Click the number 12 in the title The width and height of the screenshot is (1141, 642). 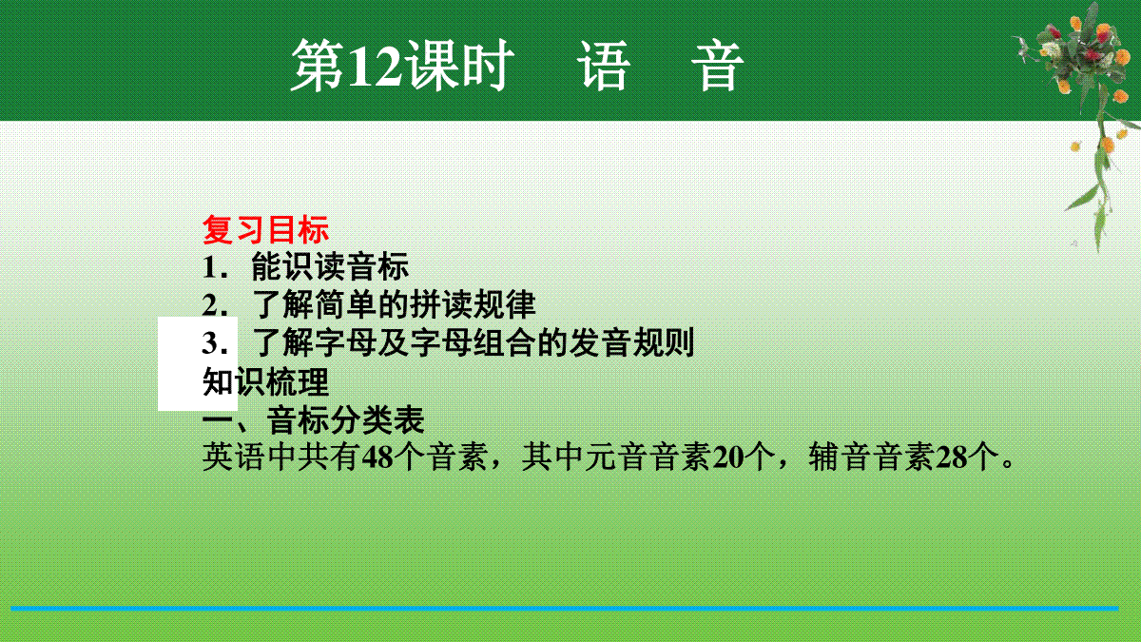(376, 66)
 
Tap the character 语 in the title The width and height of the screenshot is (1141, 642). (604, 67)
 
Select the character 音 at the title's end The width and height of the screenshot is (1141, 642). (717, 67)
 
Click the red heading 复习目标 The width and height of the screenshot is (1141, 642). (265, 230)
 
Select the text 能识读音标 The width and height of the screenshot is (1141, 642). (330, 266)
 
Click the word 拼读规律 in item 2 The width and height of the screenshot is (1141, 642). (473, 304)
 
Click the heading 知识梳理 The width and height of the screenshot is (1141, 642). (265, 381)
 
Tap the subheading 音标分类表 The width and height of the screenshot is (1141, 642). (345, 419)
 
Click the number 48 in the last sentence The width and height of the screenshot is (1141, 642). (377, 457)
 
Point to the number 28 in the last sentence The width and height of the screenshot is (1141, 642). (952, 457)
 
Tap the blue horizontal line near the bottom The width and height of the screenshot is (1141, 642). (565, 609)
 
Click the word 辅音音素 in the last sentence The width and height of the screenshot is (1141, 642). (872, 457)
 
